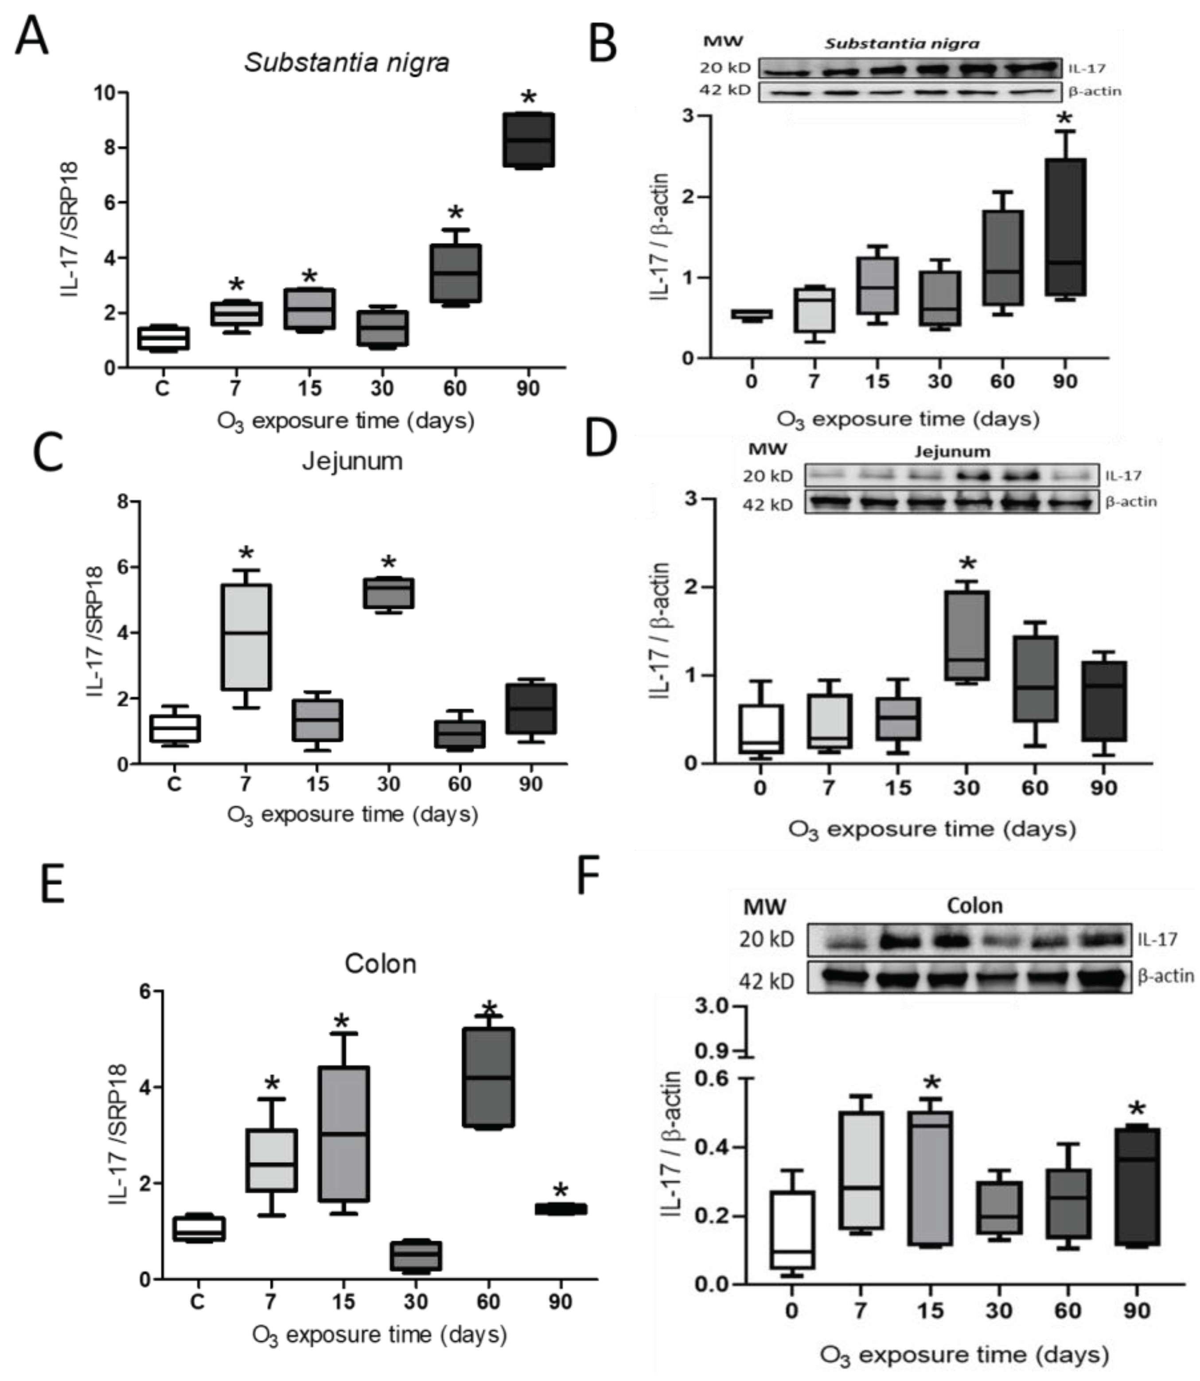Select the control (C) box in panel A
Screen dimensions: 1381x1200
pos(163,338)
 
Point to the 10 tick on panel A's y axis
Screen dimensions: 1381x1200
pos(104,93)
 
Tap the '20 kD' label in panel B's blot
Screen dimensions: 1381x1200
pos(725,68)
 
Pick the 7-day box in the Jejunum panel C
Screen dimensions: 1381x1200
pos(246,636)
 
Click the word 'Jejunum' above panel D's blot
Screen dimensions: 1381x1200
pos(952,452)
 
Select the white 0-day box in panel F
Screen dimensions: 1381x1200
pos(791,1229)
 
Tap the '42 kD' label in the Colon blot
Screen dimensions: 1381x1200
pos(766,981)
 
